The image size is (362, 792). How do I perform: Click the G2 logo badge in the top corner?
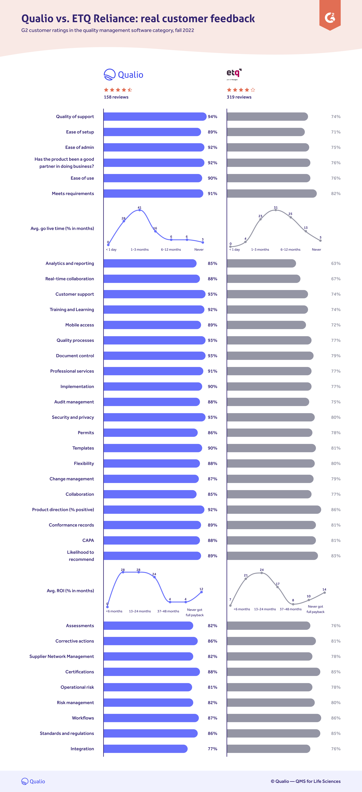330,17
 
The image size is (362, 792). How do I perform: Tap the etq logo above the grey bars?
234,74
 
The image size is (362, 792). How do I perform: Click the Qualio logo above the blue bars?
124,75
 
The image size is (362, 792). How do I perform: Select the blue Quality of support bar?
155,117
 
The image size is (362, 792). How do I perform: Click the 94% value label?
212,117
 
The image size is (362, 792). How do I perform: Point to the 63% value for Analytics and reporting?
336,264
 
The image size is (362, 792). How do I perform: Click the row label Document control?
75,356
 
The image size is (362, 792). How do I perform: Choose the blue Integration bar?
145,749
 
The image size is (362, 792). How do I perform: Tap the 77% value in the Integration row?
212,749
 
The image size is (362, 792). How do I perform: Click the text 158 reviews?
116,97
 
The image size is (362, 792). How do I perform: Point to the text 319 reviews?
239,97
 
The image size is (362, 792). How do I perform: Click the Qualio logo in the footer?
33,781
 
